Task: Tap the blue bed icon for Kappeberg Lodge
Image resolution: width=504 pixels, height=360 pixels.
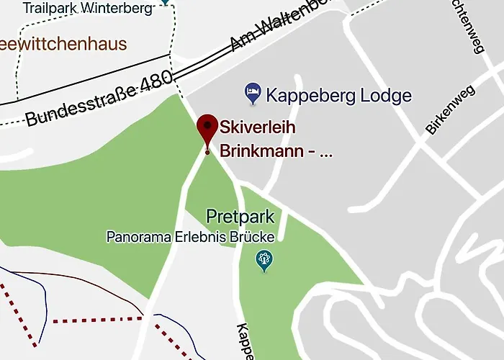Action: (x=252, y=91)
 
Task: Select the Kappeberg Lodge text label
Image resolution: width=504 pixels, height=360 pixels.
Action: (x=338, y=95)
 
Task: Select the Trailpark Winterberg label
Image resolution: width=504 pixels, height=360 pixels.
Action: (x=87, y=9)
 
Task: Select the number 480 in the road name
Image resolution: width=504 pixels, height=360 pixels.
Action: (x=156, y=84)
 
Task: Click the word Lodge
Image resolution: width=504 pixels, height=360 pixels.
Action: (x=387, y=95)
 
